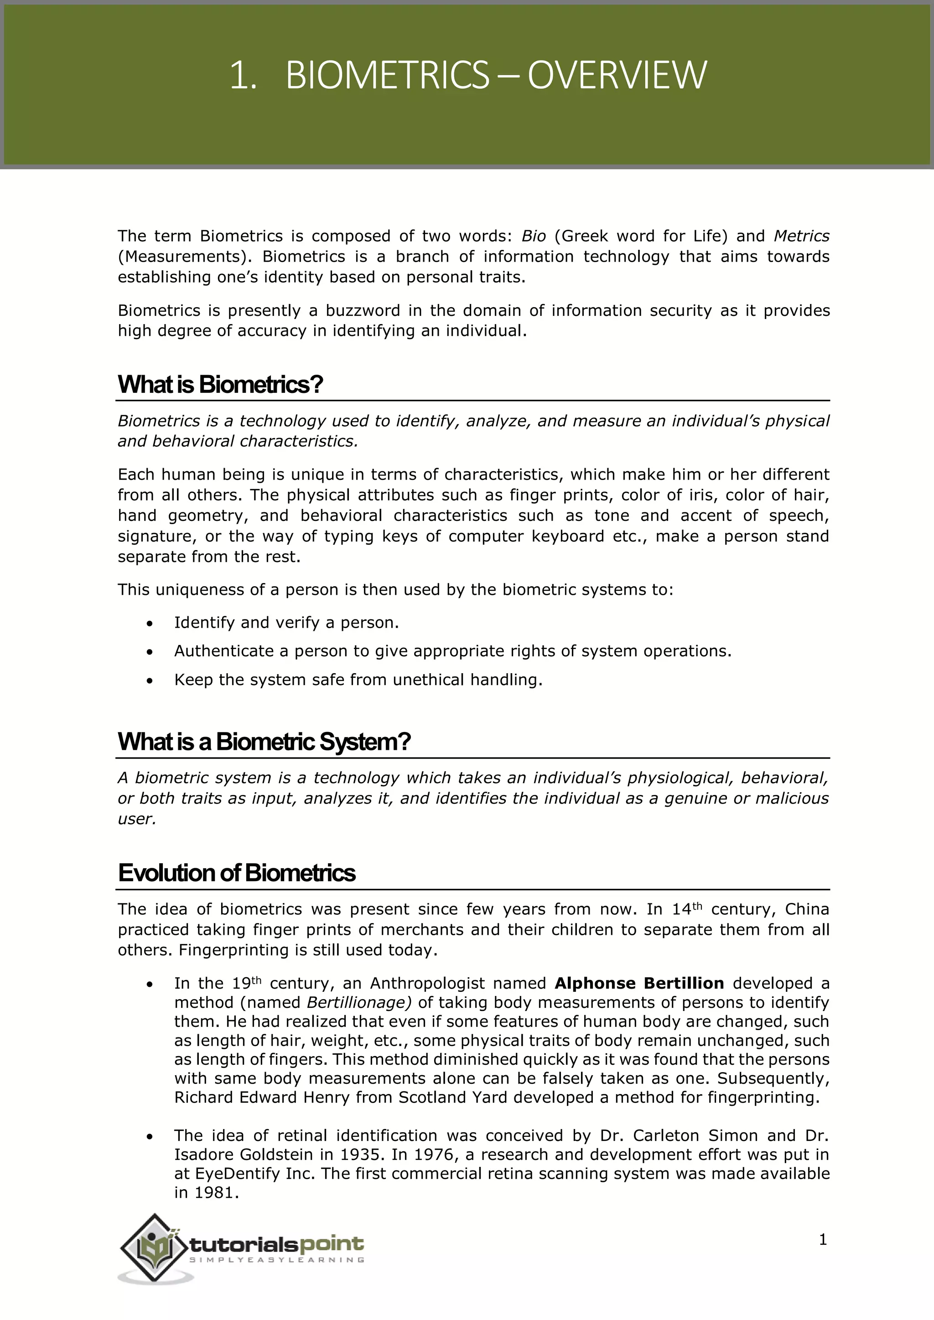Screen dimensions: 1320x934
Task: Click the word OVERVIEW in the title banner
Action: click(617, 75)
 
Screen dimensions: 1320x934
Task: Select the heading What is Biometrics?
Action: click(220, 384)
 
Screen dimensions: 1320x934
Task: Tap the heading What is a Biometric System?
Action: click(264, 742)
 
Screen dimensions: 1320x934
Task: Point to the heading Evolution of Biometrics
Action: click(236, 873)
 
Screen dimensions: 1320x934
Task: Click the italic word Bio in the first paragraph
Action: click(533, 236)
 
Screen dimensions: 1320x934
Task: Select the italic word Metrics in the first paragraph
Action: click(801, 236)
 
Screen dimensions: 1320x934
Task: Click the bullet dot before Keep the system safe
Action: click(150, 681)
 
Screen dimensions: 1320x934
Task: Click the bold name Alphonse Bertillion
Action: click(639, 983)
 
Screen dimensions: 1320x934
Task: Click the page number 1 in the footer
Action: click(822, 1240)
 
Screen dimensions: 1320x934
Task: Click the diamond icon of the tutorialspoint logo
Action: click(153, 1247)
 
